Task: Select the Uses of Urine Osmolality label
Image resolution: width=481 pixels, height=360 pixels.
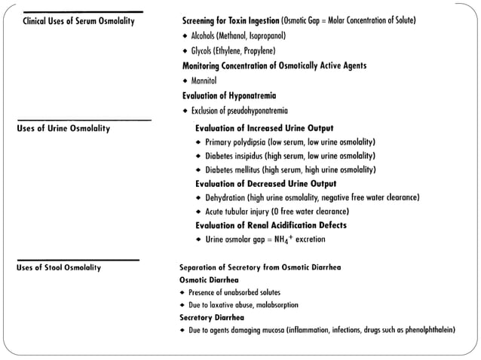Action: (63, 129)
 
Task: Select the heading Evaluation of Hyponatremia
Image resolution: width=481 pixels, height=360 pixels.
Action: (229, 96)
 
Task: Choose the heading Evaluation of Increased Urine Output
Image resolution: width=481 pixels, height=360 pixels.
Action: (264, 128)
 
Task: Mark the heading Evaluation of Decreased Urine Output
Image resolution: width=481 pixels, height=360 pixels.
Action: (265, 184)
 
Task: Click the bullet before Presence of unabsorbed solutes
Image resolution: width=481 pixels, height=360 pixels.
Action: (182, 292)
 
